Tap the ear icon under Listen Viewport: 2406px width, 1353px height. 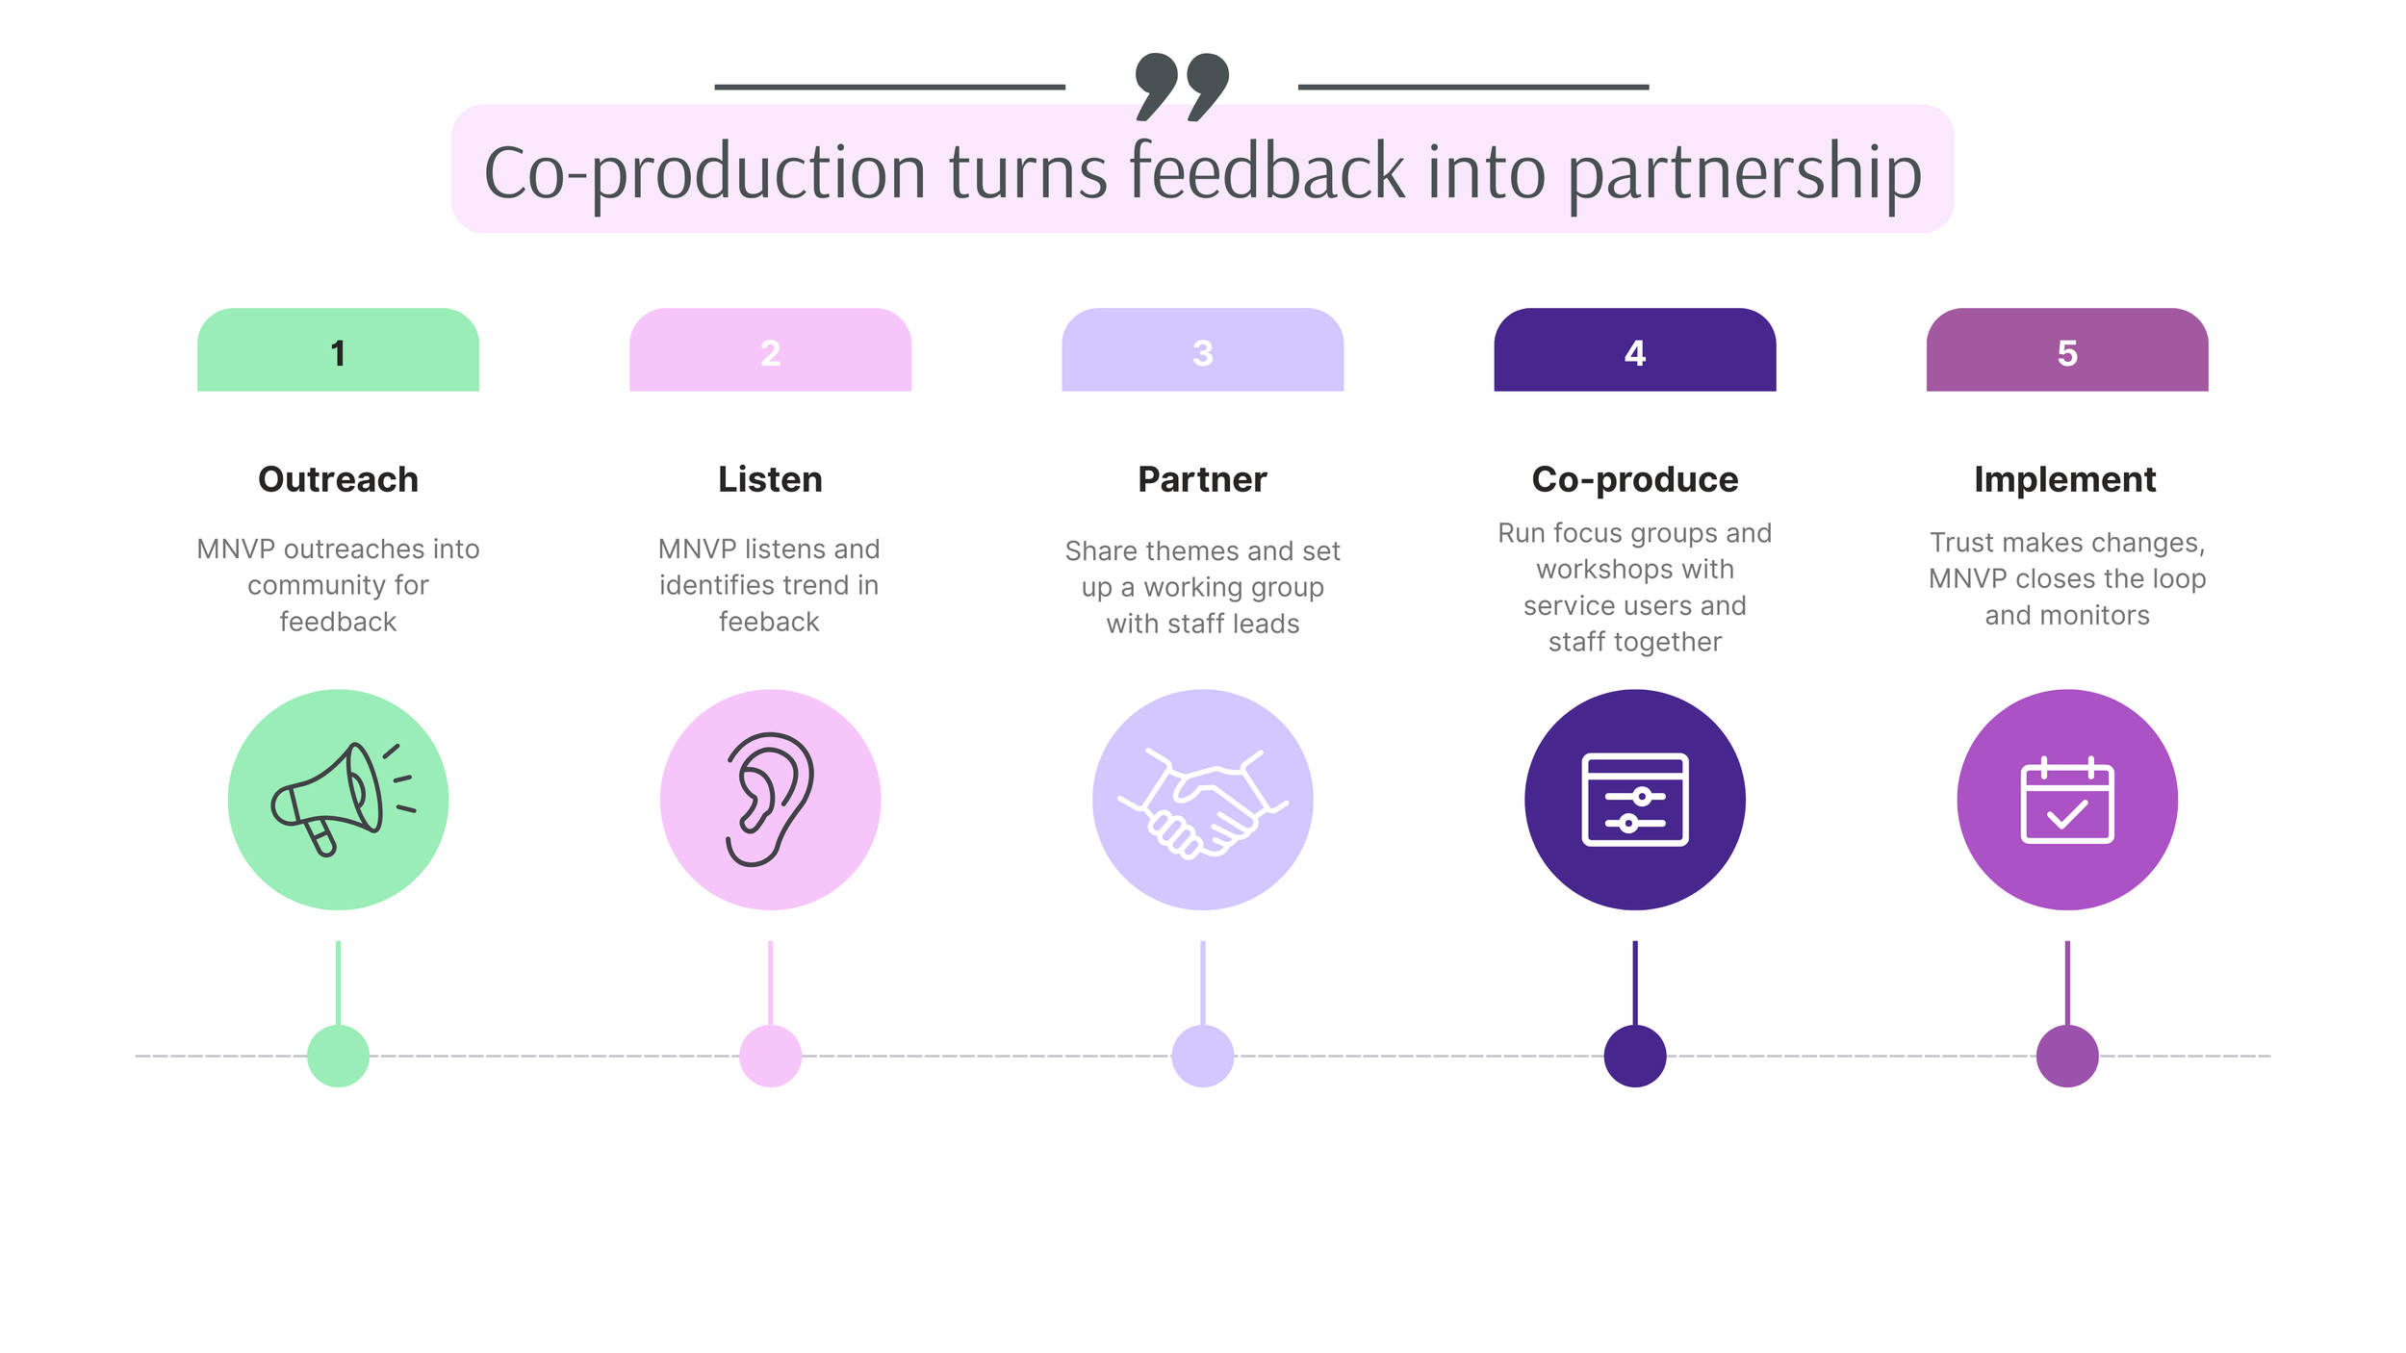pyautogui.click(x=770, y=799)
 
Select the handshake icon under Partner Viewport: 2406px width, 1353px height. pyautogui.click(x=1202, y=801)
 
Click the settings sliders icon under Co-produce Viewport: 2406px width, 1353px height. pyautogui.click(x=1634, y=799)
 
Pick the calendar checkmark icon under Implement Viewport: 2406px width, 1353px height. pyautogui.click(x=2066, y=801)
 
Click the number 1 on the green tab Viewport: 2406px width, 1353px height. pyautogui.click(x=338, y=353)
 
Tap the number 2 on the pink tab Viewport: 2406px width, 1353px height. pyautogui.click(x=770, y=353)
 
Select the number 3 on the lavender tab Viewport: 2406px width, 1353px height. pyautogui.click(x=1202, y=353)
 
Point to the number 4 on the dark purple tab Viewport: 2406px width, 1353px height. pyautogui.click(x=1634, y=353)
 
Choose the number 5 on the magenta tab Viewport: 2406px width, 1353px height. pyautogui.click(x=2066, y=353)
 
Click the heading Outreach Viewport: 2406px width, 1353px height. pyautogui.click(x=338, y=479)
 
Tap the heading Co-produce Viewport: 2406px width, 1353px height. pyautogui.click(x=1634, y=479)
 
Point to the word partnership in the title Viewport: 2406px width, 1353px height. pyautogui.click(x=1744, y=173)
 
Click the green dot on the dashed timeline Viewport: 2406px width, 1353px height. pyautogui.click(x=338, y=1056)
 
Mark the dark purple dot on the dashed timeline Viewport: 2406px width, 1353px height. pyautogui.click(x=1634, y=1056)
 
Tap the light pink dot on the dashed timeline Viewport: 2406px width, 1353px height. pyautogui.click(x=770, y=1056)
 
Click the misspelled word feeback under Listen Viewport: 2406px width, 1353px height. pyautogui.click(x=769, y=622)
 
